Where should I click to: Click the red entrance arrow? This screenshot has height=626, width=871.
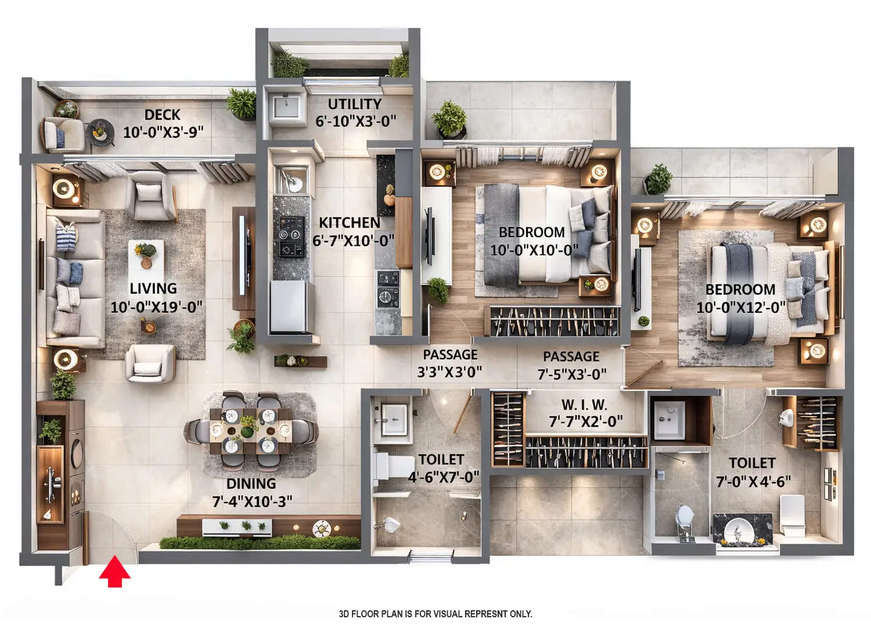click(114, 572)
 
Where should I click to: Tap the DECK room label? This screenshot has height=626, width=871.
click(163, 115)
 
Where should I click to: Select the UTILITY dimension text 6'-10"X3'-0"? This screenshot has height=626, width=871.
click(355, 121)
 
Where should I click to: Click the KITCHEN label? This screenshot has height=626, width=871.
click(350, 223)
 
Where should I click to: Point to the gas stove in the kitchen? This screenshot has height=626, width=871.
click(289, 236)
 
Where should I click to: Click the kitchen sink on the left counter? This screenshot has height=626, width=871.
click(291, 181)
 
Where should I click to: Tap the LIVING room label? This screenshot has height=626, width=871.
click(153, 288)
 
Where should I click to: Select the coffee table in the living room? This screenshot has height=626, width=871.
click(146, 256)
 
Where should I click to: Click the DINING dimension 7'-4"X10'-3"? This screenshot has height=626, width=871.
click(252, 501)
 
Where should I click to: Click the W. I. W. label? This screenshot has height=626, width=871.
click(584, 405)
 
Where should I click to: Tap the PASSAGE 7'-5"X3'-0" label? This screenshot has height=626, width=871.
click(571, 365)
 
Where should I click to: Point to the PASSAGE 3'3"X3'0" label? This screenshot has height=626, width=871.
click(449, 363)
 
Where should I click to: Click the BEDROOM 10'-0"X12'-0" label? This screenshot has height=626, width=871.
click(740, 298)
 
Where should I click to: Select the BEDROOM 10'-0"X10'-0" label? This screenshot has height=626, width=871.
click(533, 241)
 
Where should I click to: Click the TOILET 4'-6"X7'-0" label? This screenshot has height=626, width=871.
click(442, 468)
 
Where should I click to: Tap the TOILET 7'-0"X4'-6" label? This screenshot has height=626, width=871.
click(753, 472)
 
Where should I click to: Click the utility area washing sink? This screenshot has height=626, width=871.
click(286, 106)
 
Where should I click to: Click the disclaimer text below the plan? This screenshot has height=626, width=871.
click(435, 614)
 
